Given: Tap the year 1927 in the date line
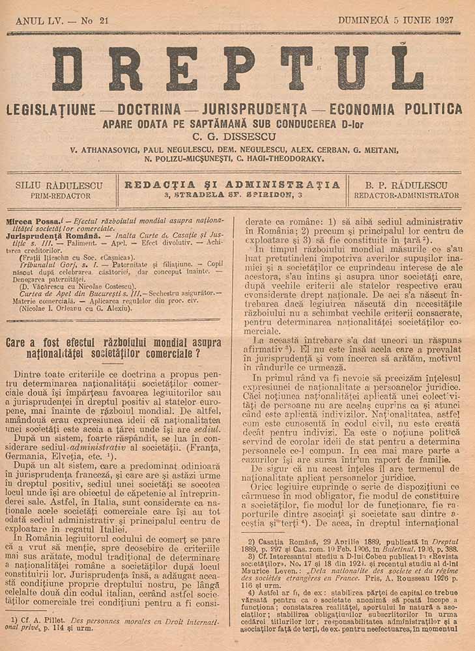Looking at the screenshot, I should tap(443, 20).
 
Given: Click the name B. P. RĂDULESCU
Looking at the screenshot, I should tap(406, 185).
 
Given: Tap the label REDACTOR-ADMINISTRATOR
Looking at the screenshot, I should tap(406, 195).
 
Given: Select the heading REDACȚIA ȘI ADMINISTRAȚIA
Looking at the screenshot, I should tap(232, 184).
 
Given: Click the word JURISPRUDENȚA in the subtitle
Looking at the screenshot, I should tap(259, 109).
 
